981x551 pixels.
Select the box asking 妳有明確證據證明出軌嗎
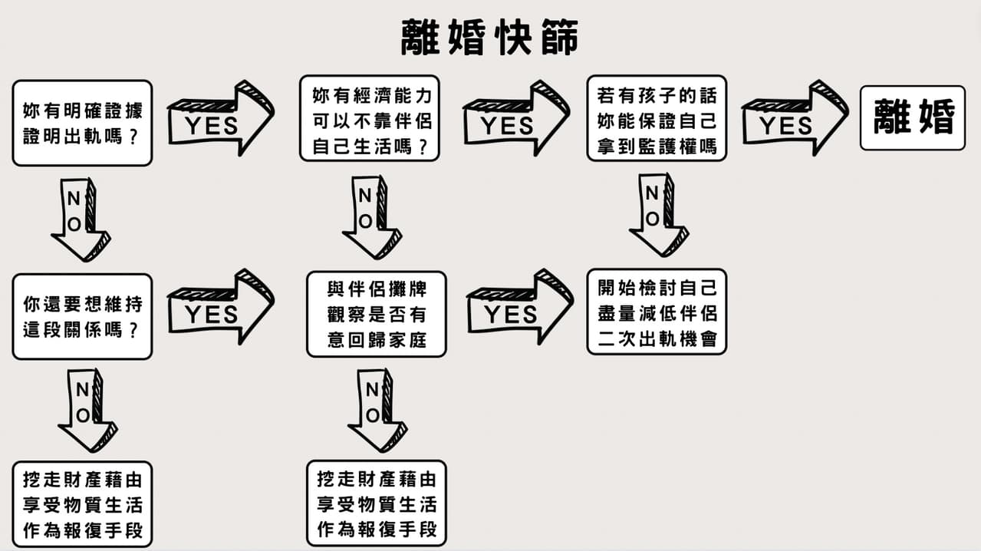(x=82, y=124)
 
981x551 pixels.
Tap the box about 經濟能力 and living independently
(x=370, y=118)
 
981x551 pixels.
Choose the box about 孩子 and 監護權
(x=657, y=118)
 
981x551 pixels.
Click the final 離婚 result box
(x=913, y=118)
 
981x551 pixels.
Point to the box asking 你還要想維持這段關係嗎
(x=82, y=316)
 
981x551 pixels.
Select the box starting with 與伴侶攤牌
(x=376, y=314)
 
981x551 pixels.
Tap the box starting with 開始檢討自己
(x=657, y=312)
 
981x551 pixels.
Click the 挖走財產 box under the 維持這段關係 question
(x=82, y=504)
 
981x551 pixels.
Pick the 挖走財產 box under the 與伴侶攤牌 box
(x=376, y=503)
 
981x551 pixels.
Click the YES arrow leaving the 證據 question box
(x=219, y=119)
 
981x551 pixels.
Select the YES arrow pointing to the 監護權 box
(x=515, y=119)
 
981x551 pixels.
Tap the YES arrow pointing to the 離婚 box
(x=794, y=119)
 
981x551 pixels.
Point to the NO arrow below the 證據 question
(x=80, y=219)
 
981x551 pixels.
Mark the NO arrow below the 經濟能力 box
(x=371, y=217)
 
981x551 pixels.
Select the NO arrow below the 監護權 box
(x=657, y=215)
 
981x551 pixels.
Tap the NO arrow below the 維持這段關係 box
(x=87, y=410)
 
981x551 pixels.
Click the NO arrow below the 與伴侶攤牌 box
(x=377, y=410)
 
